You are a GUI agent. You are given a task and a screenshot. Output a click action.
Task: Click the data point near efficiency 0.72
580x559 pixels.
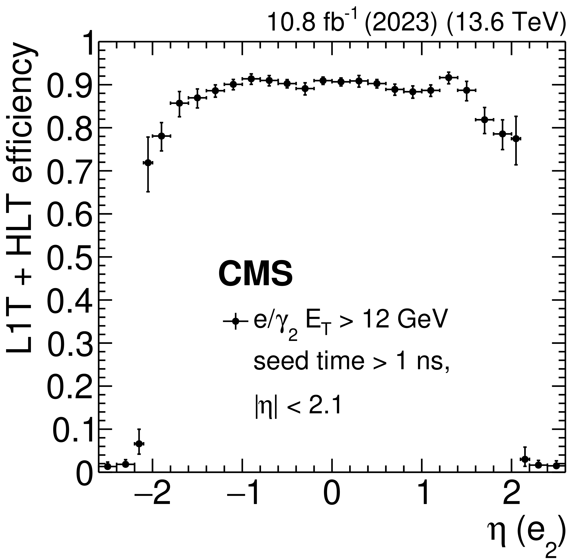(x=148, y=163)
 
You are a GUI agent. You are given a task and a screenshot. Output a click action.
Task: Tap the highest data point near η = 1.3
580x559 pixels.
(x=449, y=77)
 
